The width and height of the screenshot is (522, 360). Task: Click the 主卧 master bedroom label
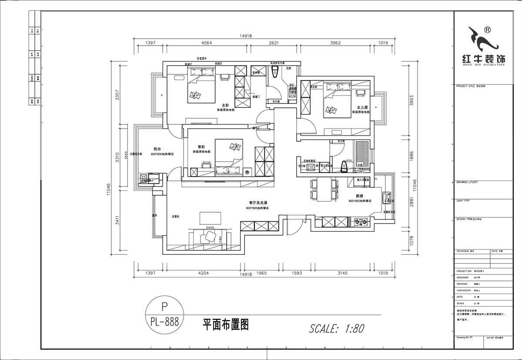pyautogui.click(x=225, y=105)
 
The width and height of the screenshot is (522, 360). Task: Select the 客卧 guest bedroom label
pyautogui.click(x=201, y=147)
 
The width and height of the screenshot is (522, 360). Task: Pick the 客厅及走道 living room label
pyautogui.click(x=258, y=203)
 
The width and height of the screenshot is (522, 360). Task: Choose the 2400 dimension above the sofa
pyautogui.click(x=210, y=228)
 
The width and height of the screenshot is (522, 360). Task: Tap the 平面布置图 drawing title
pyautogui.click(x=226, y=324)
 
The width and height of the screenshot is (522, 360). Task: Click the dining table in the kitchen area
pyautogui.click(x=323, y=190)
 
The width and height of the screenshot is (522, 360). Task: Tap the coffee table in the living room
pyautogui.click(x=211, y=217)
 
